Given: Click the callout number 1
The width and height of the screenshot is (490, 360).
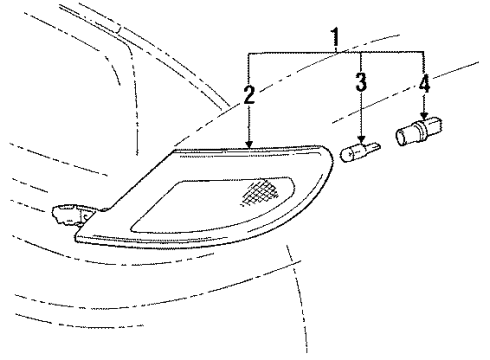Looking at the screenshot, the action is coord(335,39).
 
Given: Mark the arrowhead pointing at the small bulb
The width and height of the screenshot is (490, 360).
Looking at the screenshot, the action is coord(363,142).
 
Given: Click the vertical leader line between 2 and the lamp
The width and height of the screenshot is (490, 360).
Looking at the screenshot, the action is coord(249,125).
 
